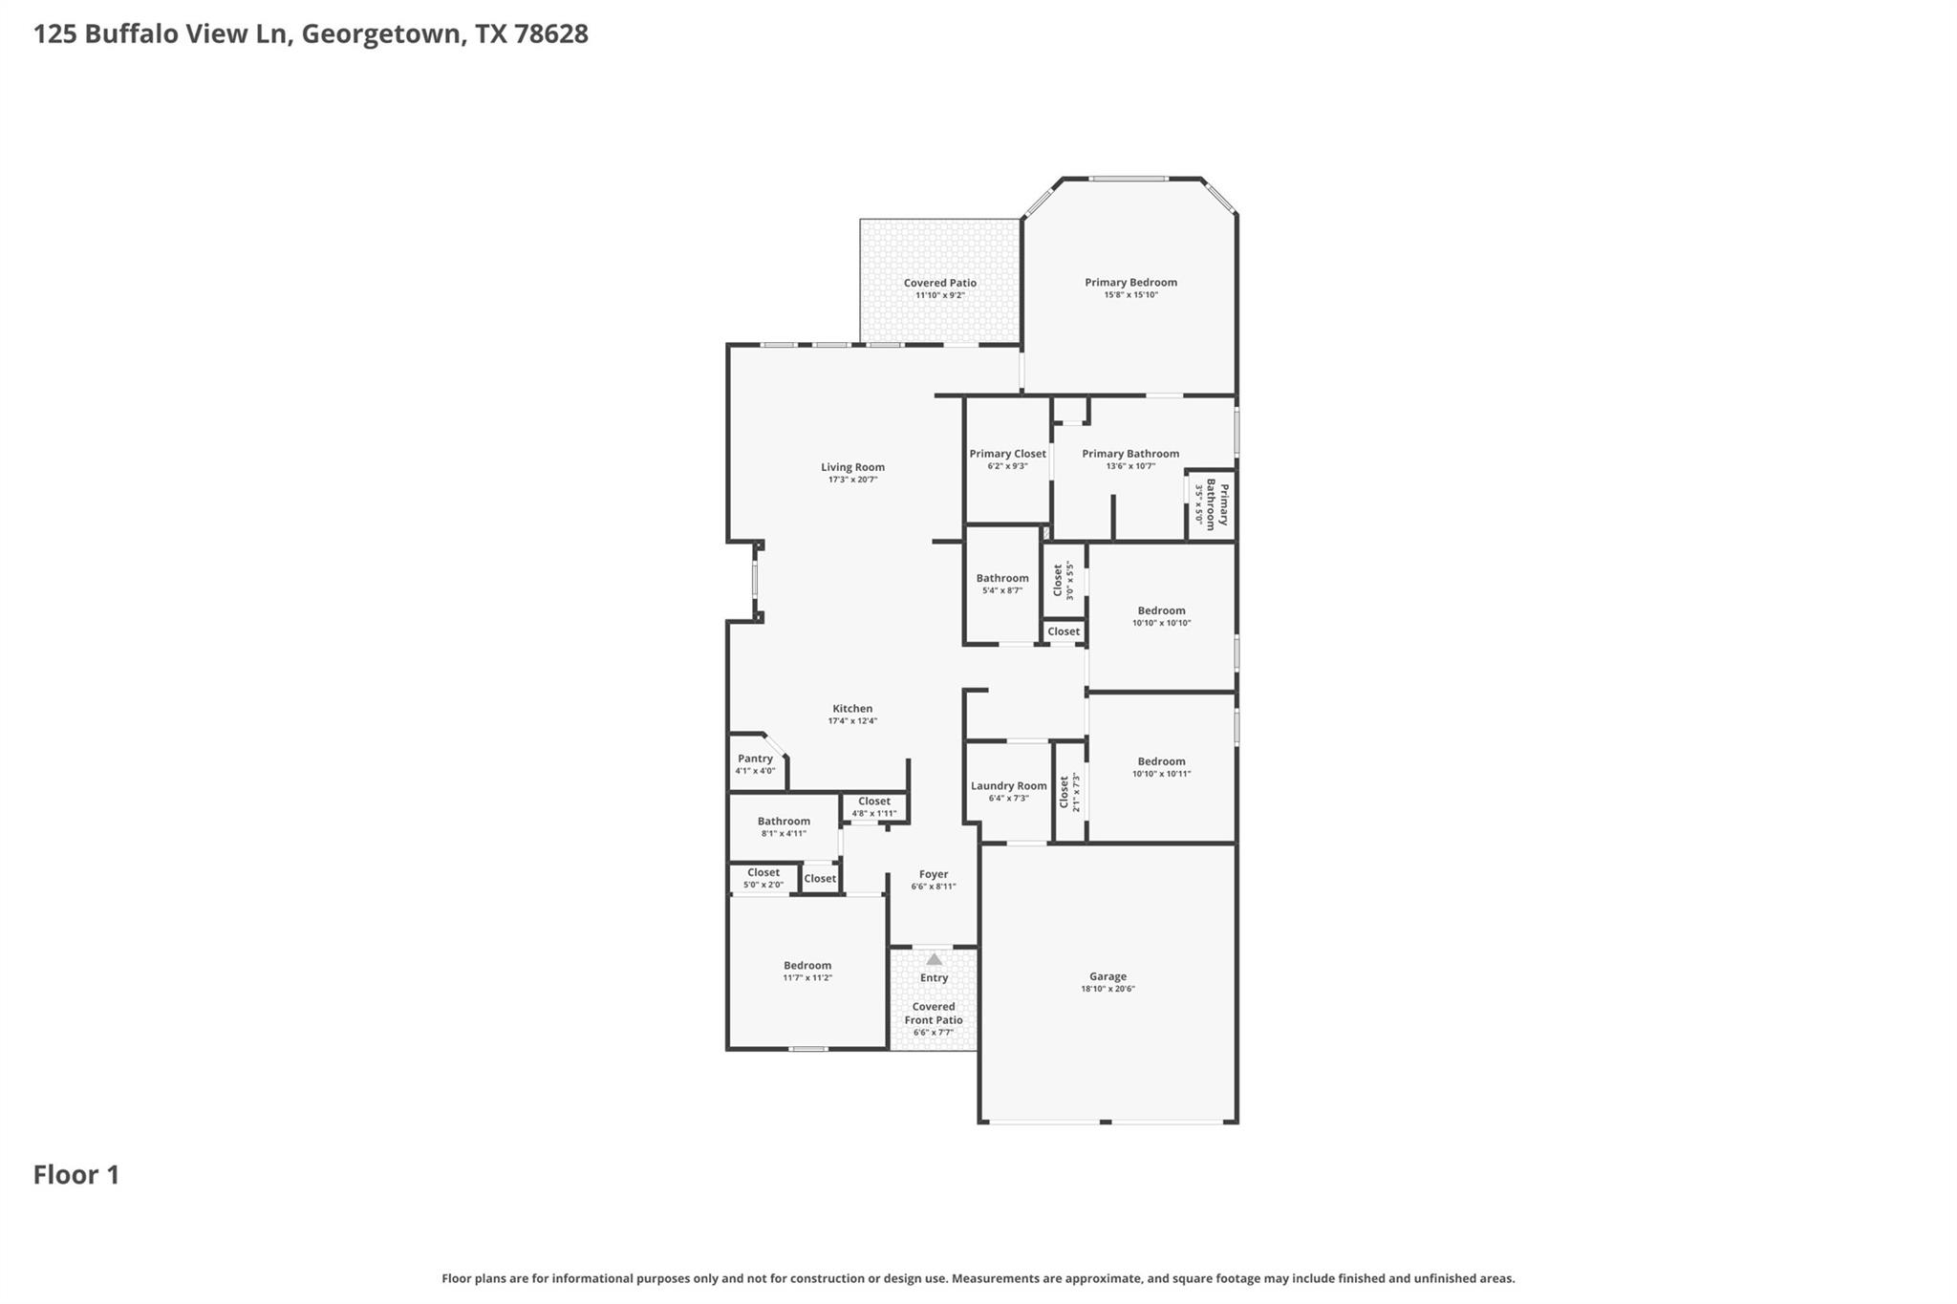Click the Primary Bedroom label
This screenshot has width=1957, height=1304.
click(x=1130, y=283)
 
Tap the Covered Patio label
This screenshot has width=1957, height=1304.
click(x=940, y=283)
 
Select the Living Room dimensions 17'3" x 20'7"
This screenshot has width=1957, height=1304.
click(x=852, y=480)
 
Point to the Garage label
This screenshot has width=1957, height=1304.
click(x=1108, y=976)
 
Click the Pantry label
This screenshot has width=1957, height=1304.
click(x=755, y=759)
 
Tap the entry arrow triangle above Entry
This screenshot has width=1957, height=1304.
click(x=935, y=959)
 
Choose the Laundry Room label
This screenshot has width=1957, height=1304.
click(x=1008, y=786)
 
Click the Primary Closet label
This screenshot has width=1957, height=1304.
click(x=1007, y=454)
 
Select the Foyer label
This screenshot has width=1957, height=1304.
click(x=934, y=874)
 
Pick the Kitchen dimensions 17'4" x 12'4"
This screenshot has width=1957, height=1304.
click(x=852, y=721)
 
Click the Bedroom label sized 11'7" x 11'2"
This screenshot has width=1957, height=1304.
click(x=807, y=965)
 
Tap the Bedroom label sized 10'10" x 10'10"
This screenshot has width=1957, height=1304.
click(x=1161, y=610)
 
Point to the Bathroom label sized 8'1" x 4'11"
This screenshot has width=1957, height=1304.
click(x=784, y=821)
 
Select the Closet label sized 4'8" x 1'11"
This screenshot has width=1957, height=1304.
click(x=874, y=802)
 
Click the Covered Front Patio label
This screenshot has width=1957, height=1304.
click(x=934, y=1014)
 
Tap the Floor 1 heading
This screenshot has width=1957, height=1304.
click(x=76, y=1175)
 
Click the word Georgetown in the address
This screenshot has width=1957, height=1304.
click(x=383, y=34)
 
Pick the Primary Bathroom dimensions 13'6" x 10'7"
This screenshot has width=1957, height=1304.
click(x=1130, y=466)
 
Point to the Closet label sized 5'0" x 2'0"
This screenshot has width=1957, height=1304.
click(x=763, y=872)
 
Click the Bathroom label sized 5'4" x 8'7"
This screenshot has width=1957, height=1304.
click(x=1002, y=578)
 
